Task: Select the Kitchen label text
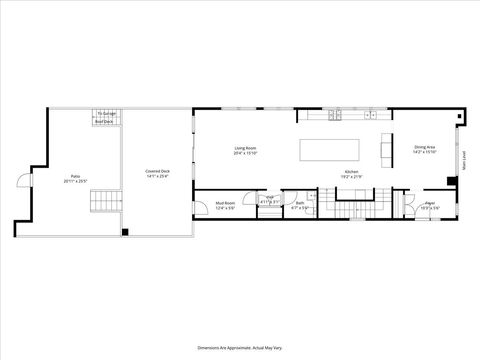[x=352, y=171]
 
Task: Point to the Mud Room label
[x=225, y=203]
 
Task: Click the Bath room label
[x=300, y=203]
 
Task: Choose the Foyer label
[x=429, y=203]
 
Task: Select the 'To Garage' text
[x=106, y=115]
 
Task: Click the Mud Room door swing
[x=201, y=204]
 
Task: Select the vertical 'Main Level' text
[x=463, y=161]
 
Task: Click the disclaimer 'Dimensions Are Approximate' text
[x=240, y=342]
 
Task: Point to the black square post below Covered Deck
[x=126, y=232]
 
